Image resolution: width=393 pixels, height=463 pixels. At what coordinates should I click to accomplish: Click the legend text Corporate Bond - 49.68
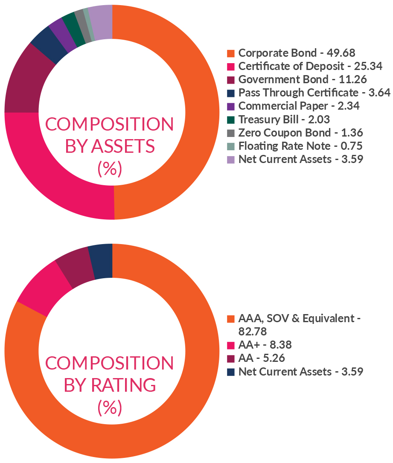[x=297, y=53]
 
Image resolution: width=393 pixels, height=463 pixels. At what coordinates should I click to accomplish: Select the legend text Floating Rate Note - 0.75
[x=300, y=146]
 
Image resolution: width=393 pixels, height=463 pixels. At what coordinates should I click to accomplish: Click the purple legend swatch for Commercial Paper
[x=231, y=106]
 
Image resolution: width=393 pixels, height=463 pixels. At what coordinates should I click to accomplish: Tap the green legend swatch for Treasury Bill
[x=231, y=119]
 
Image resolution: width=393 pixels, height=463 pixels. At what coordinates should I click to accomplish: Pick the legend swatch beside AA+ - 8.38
[x=231, y=345]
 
